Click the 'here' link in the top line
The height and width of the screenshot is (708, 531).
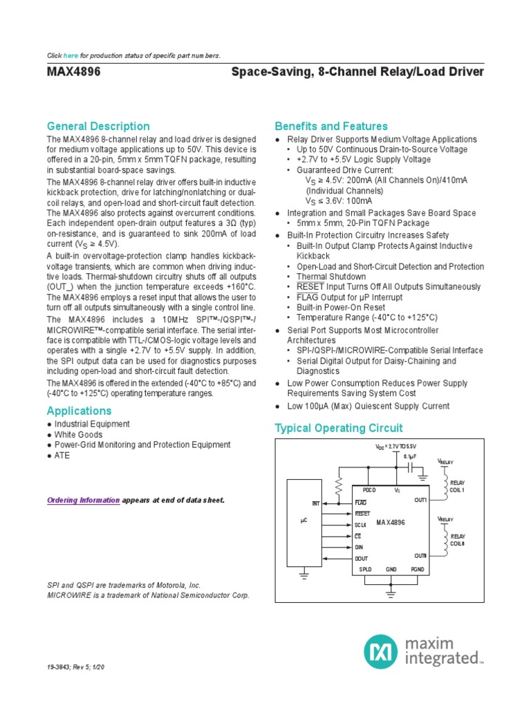(x=71, y=55)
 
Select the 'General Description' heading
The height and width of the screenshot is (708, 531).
(x=97, y=126)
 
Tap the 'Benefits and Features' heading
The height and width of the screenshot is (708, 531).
(x=331, y=126)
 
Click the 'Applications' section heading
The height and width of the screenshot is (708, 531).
(x=79, y=411)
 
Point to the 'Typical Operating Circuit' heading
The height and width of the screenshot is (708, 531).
(x=339, y=428)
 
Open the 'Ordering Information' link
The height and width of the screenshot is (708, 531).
(x=83, y=500)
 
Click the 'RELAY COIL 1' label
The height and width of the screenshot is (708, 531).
(x=458, y=487)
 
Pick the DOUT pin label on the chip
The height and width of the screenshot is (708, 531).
(x=362, y=558)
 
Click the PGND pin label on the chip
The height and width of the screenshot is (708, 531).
(x=418, y=569)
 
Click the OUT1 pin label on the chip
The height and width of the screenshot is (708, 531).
(x=420, y=499)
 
